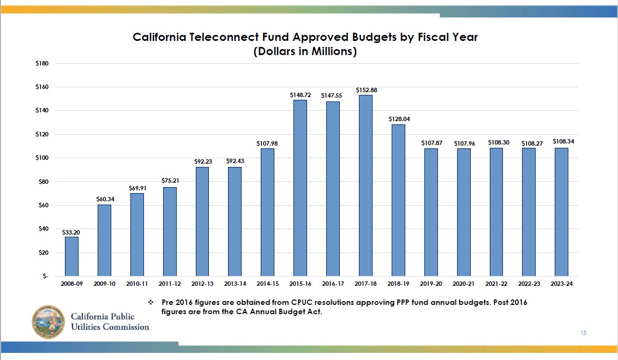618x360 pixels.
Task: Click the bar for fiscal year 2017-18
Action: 365,185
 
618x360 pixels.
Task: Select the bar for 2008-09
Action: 71,256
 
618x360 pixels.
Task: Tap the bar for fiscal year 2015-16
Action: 300,188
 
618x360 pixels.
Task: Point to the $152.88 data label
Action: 365,89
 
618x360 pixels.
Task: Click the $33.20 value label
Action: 71,232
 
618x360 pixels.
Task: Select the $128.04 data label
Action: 398,119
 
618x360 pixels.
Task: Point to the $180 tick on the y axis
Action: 43,64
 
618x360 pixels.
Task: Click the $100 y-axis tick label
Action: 43,158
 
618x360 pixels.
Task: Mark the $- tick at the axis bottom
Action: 45,277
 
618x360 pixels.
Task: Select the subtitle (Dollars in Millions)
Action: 305,52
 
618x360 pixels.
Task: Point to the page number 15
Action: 584,333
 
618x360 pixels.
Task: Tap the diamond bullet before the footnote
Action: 152,302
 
